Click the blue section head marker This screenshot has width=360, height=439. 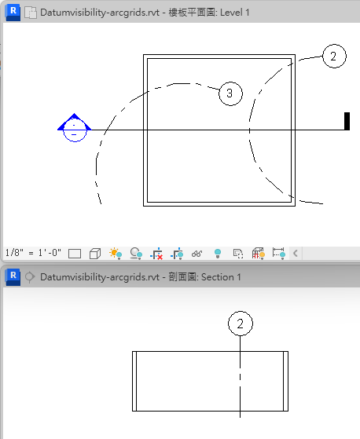click(x=75, y=128)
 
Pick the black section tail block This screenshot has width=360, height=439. click(x=347, y=121)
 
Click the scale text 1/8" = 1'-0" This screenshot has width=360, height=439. click(x=33, y=253)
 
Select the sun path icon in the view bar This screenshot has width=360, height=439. click(x=116, y=254)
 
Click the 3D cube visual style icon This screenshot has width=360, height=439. click(x=95, y=254)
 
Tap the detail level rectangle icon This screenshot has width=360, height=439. click(x=75, y=254)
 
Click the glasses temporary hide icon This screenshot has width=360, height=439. click(x=197, y=254)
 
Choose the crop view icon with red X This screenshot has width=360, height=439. click(x=156, y=254)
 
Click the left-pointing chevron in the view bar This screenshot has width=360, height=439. click(x=295, y=254)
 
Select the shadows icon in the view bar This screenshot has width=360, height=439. click(x=136, y=254)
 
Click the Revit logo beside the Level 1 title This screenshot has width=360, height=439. click(x=13, y=13)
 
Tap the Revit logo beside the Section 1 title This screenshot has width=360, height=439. click(x=13, y=277)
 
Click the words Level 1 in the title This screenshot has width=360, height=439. click(x=235, y=13)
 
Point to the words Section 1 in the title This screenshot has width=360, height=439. click(x=221, y=277)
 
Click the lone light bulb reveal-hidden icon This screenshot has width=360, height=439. click(x=218, y=254)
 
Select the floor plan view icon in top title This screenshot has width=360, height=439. click(x=31, y=13)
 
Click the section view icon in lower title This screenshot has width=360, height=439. click(x=30, y=277)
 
